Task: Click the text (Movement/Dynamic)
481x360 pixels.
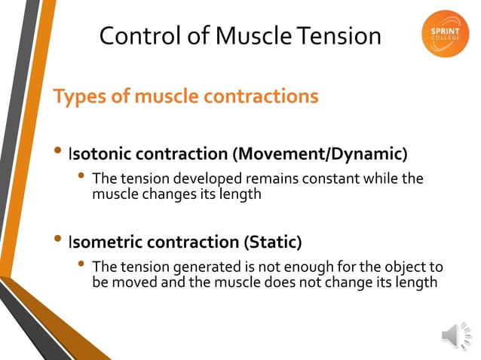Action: [x=320, y=155]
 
